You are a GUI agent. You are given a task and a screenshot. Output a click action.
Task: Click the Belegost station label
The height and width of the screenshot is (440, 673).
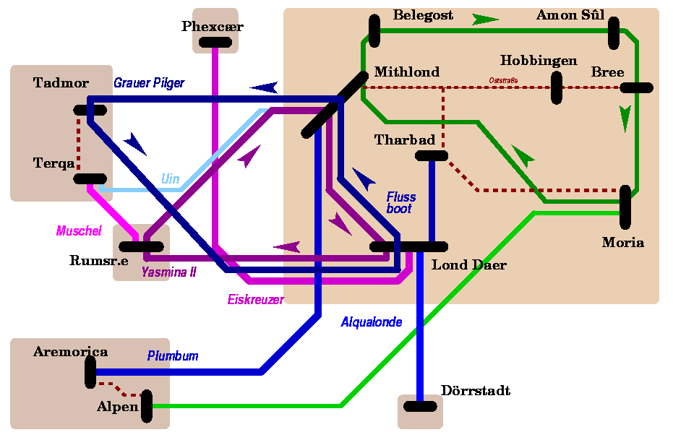click(x=423, y=15)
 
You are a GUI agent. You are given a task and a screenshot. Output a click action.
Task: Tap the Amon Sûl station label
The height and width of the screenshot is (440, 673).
click(x=570, y=15)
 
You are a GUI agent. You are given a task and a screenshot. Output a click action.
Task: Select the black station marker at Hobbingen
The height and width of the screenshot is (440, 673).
click(x=557, y=87)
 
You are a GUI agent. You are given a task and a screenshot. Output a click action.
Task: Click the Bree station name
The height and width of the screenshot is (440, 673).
click(x=607, y=72)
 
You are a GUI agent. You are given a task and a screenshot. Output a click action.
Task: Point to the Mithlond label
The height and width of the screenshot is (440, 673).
click(x=406, y=72)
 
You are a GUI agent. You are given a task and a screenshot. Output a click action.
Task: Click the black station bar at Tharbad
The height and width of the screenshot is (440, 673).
click(x=432, y=155)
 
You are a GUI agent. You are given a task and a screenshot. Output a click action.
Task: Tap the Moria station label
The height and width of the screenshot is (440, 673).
click(x=622, y=243)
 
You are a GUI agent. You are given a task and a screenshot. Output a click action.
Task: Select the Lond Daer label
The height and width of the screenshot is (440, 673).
click(x=468, y=265)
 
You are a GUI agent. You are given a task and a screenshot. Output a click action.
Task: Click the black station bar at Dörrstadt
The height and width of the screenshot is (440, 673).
click(x=420, y=406)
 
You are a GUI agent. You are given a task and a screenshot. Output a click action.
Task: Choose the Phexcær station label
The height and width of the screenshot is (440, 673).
click(x=213, y=27)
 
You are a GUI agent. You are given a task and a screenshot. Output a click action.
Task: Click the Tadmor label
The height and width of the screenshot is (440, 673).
click(x=61, y=83)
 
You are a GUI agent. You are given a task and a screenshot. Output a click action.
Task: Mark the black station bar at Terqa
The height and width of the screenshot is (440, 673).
click(x=90, y=178)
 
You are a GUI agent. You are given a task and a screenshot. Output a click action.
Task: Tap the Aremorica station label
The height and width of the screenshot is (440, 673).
click(x=70, y=352)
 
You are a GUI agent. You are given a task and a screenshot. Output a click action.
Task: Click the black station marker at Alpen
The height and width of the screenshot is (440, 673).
click(x=147, y=406)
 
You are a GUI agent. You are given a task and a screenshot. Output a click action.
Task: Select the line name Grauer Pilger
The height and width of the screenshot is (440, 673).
click(x=149, y=83)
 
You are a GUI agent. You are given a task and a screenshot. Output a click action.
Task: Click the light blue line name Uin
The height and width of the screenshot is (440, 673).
click(x=170, y=178)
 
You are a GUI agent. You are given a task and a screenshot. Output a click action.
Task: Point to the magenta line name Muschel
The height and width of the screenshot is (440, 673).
click(x=79, y=231)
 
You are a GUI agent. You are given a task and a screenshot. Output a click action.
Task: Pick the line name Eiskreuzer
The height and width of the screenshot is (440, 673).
click(x=255, y=299)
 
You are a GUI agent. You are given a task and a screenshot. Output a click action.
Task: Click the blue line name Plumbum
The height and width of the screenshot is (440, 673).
click(x=173, y=356)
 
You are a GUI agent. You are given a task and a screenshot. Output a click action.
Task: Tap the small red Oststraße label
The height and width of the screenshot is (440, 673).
click(x=503, y=79)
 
